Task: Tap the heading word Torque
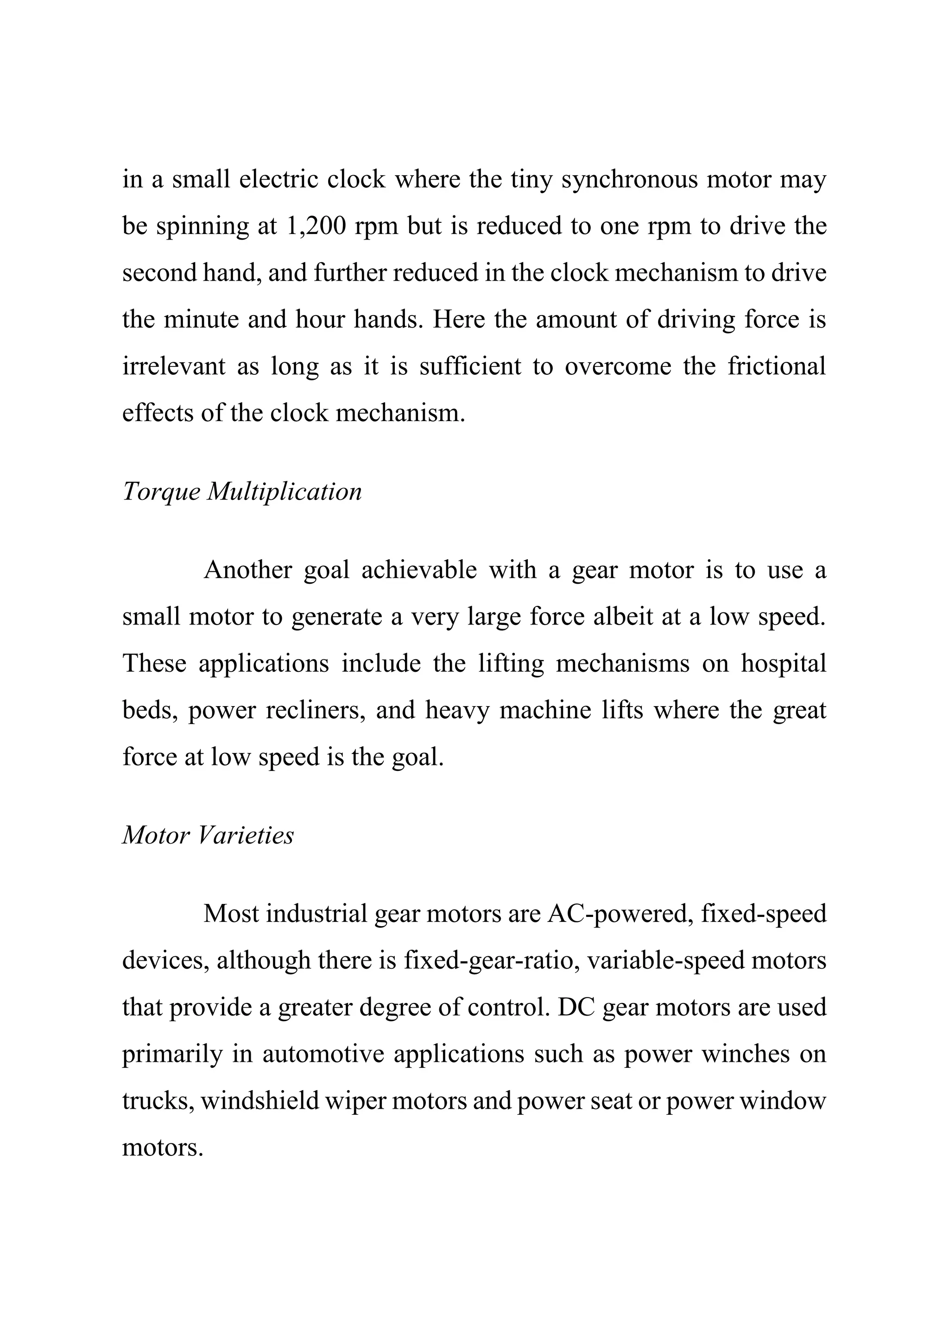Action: click(x=161, y=492)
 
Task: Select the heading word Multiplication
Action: click(x=285, y=492)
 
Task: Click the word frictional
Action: click(x=776, y=366)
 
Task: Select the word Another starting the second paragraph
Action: click(x=247, y=569)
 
